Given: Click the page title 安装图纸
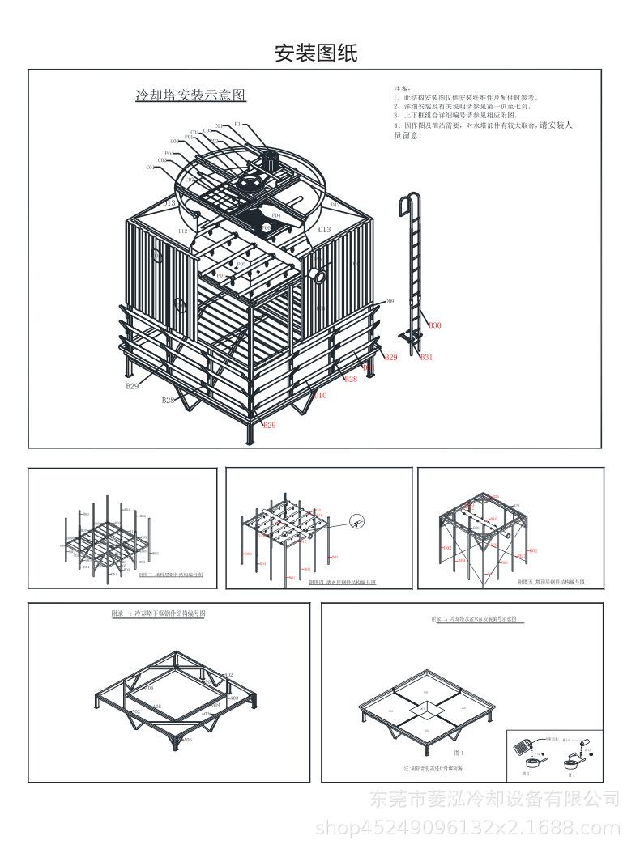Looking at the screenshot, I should (x=316, y=53).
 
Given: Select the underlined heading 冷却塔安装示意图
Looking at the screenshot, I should (x=190, y=95).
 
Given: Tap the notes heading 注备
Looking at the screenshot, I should (x=403, y=88).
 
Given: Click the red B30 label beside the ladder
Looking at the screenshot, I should (x=435, y=325).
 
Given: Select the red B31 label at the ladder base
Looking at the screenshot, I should (x=427, y=357).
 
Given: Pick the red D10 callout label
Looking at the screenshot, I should (x=320, y=395).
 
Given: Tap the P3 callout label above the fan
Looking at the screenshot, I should (x=237, y=124).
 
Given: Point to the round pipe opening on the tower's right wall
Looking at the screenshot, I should (x=322, y=276).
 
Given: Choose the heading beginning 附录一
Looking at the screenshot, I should (x=158, y=614).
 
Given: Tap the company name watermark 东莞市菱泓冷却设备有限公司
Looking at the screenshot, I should (x=494, y=800).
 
